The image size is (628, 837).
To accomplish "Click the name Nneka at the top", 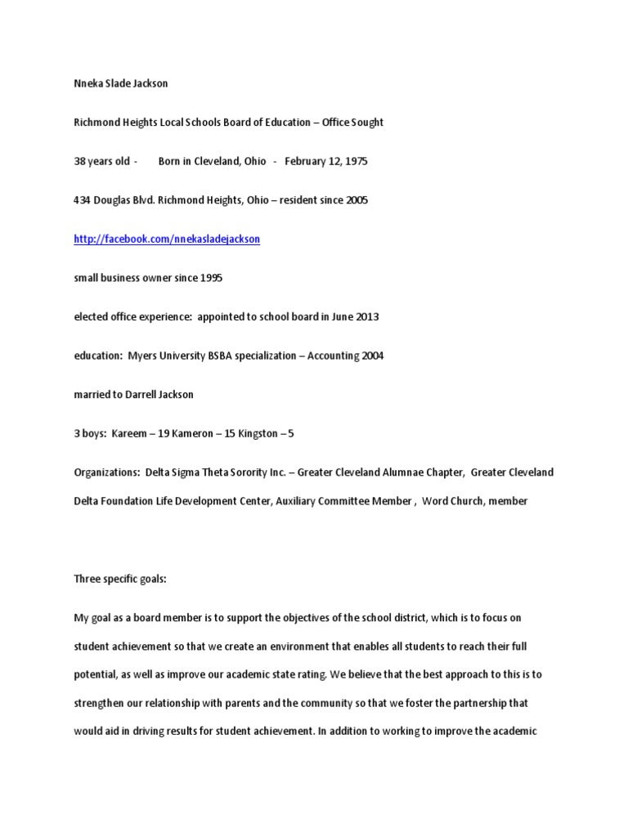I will point(89,83).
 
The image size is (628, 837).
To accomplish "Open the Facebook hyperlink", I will point(167,239).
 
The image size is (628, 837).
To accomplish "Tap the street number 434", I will point(83,200).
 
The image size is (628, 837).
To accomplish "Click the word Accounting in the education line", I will point(334,356).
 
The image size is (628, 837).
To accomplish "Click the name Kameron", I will point(191,433).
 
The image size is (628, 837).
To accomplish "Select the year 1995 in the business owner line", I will point(209,278).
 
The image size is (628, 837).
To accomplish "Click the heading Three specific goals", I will point(120,579).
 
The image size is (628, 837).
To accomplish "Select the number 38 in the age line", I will point(80,161).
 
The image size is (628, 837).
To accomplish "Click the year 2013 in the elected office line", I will point(365,317).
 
